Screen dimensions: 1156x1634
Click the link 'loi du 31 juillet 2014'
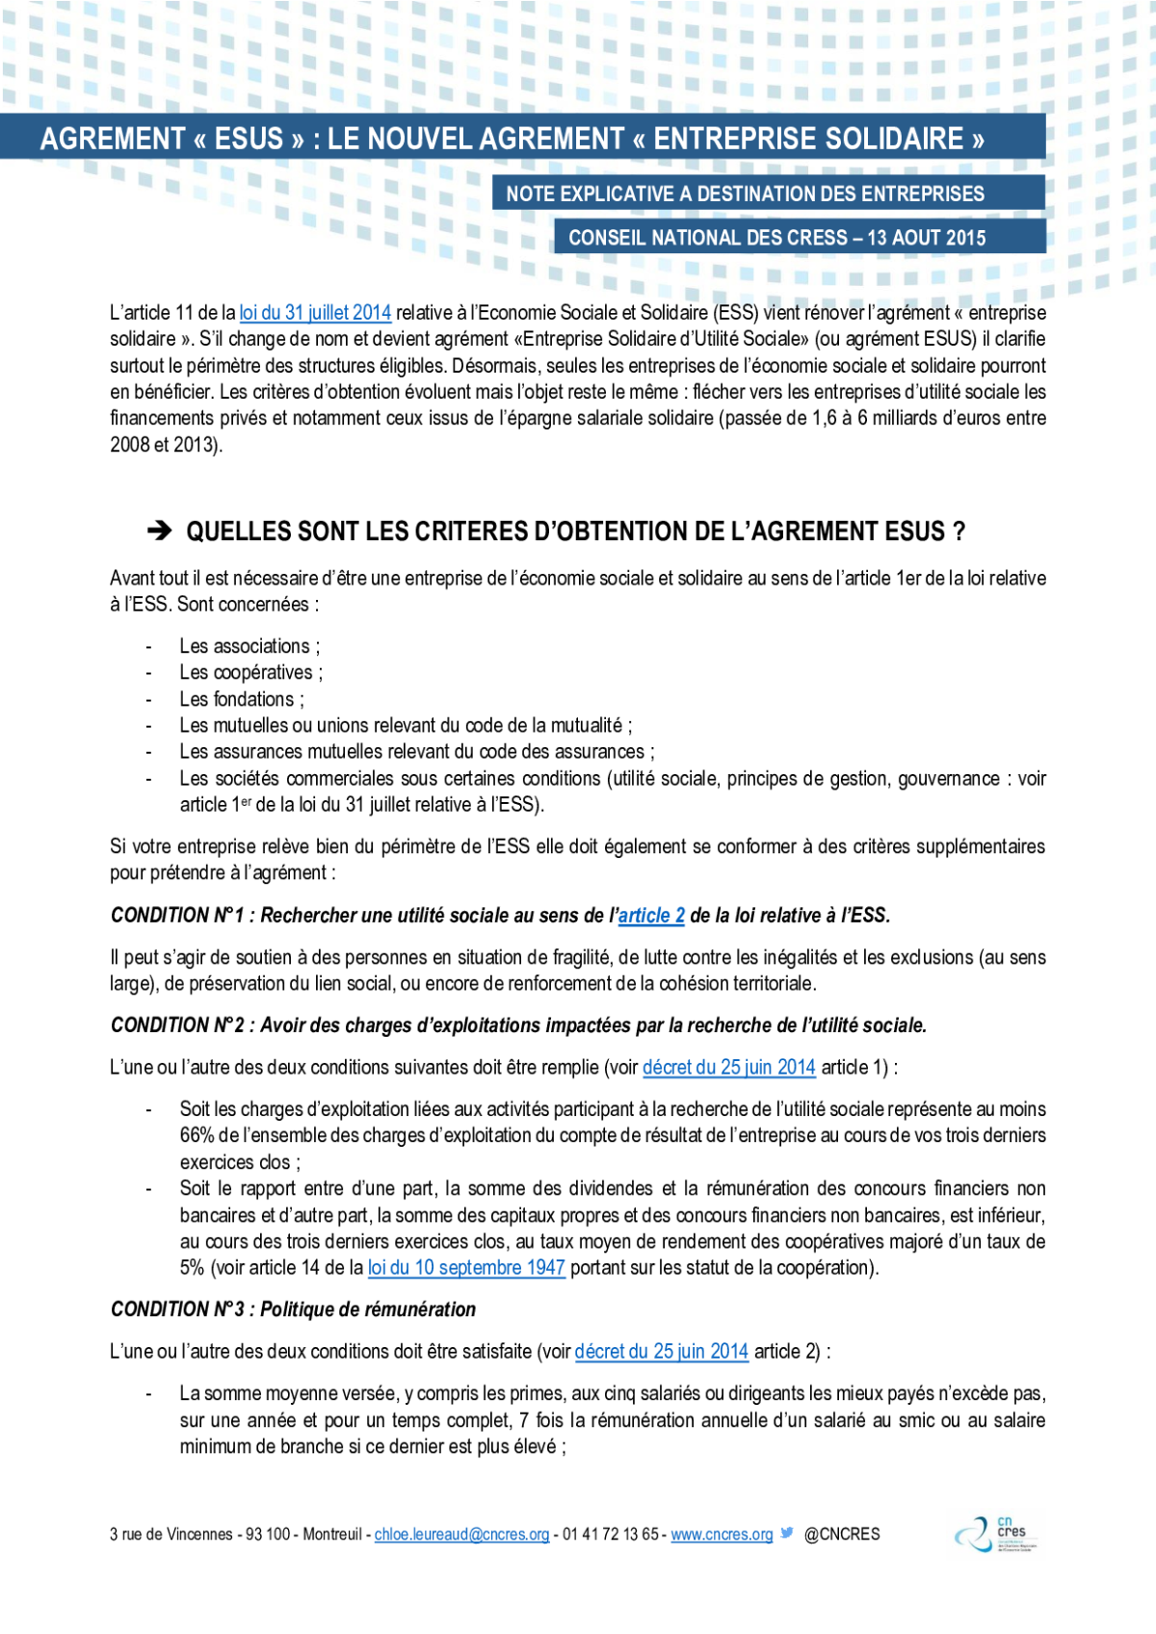coord(315,313)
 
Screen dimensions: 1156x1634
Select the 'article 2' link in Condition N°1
coord(651,916)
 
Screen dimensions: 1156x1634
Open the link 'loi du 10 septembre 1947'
coord(466,1268)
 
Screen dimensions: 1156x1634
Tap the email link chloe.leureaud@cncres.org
coord(462,1535)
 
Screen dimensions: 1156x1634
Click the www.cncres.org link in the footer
coord(722,1535)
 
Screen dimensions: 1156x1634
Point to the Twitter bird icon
coord(787,1533)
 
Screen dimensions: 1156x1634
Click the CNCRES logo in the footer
coord(997,1534)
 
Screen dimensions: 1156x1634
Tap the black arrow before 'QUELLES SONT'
coord(159,532)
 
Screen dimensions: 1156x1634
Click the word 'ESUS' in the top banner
coord(249,139)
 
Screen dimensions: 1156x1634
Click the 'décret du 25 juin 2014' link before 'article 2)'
coord(662,1352)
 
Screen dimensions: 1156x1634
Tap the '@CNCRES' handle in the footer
coord(842,1535)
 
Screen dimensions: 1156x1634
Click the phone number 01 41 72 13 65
coord(610,1535)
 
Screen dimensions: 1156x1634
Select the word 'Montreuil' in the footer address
coord(332,1535)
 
